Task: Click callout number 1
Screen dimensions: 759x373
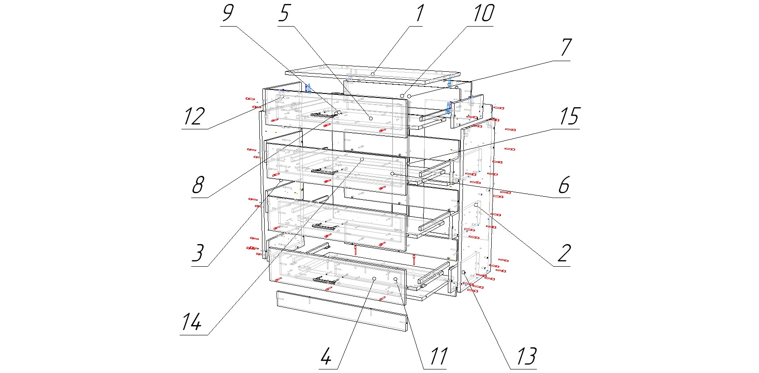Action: tap(419, 13)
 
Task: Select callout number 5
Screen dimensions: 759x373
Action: tap(284, 13)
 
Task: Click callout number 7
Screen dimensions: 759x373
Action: tap(566, 48)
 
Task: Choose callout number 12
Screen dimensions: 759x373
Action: tap(194, 116)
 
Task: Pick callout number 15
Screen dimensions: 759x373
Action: tap(568, 116)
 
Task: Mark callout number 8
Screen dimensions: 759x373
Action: tap(198, 185)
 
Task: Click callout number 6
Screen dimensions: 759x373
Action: tap(563, 185)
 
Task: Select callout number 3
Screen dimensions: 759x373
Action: tap(197, 253)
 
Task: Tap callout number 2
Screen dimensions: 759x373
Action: tap(564, 253)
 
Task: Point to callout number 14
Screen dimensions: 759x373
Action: tap(192, 322)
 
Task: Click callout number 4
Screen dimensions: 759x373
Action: tap(326, 357)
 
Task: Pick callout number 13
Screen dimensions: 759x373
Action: tap(526, 357)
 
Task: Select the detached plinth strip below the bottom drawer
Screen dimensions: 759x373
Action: tap(341, 311)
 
